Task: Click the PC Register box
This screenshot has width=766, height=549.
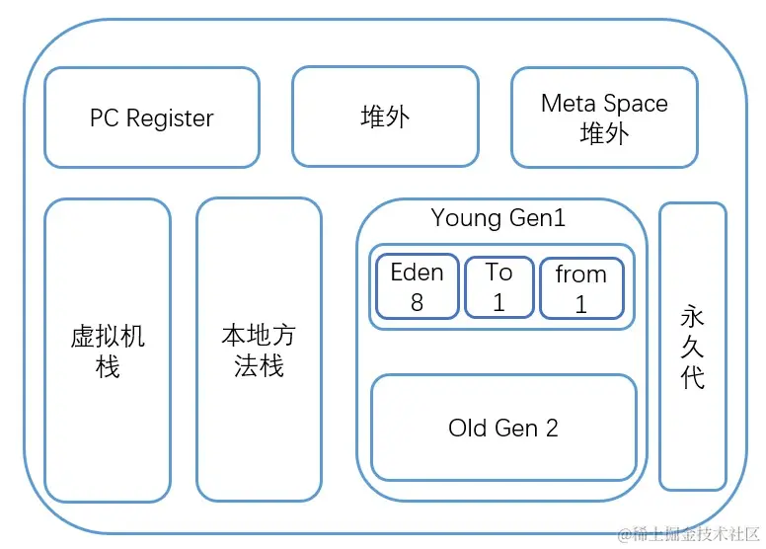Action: [x=152, y=118]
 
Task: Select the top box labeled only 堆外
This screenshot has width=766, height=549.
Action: [x=385, y=118]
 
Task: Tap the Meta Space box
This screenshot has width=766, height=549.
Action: [x=604, y=118]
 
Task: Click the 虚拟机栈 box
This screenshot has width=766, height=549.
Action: [x=108, y=350]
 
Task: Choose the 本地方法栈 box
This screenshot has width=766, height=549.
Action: [x=259, y=350]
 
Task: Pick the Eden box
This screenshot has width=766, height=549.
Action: [x=417, y=286]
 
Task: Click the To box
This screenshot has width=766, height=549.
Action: [x=498, y=286]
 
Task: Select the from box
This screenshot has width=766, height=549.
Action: [x=581, y=287]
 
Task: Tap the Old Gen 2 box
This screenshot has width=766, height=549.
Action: [x=503, y=428]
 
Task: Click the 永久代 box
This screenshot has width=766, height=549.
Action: [x=693, y=346]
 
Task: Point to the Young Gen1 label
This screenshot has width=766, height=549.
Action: [x=498, y=218]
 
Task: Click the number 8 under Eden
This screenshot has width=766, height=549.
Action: [x=417, y=303]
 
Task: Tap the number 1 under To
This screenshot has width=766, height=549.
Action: [x=498, y=303]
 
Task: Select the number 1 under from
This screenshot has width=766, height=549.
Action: [x=581, y=305]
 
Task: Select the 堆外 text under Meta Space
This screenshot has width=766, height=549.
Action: [x=604, y=132]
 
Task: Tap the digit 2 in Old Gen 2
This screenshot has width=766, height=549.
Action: [x=551, y=428]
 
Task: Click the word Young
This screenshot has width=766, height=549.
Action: [x=467, y=218]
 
